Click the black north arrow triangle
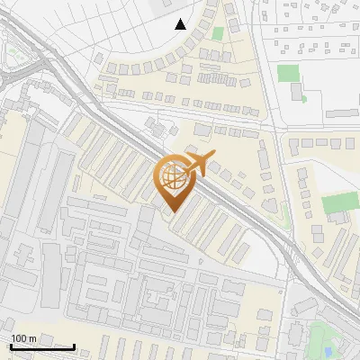[181, 24]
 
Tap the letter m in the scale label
[33, 337]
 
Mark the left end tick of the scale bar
[11, 346]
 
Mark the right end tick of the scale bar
[75, 346]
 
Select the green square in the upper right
[287, 73]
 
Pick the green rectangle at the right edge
[337, 203]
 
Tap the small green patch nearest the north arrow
[217, 34]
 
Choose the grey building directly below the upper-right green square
[297, 92]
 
